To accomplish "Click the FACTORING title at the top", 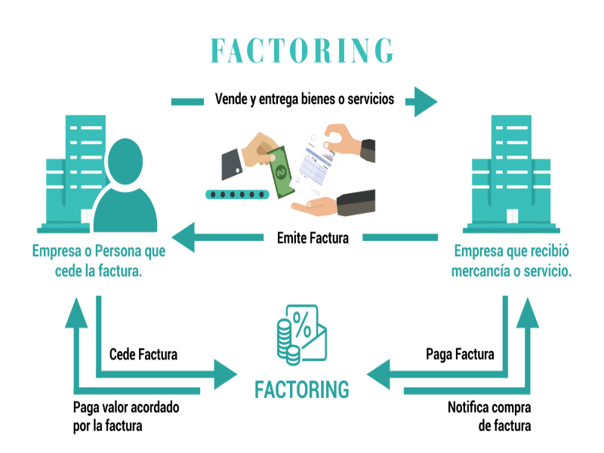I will pos(302,50).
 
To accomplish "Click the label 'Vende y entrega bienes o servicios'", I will pos(304,99).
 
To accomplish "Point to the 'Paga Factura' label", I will pos(461,354).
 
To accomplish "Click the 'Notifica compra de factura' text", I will pos(489,417).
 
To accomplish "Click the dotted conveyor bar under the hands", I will pos(236,195).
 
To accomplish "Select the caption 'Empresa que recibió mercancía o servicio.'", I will pos(511,261).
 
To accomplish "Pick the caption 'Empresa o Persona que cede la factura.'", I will pos(99,261).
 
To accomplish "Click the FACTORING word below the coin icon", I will pos(302,390).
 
